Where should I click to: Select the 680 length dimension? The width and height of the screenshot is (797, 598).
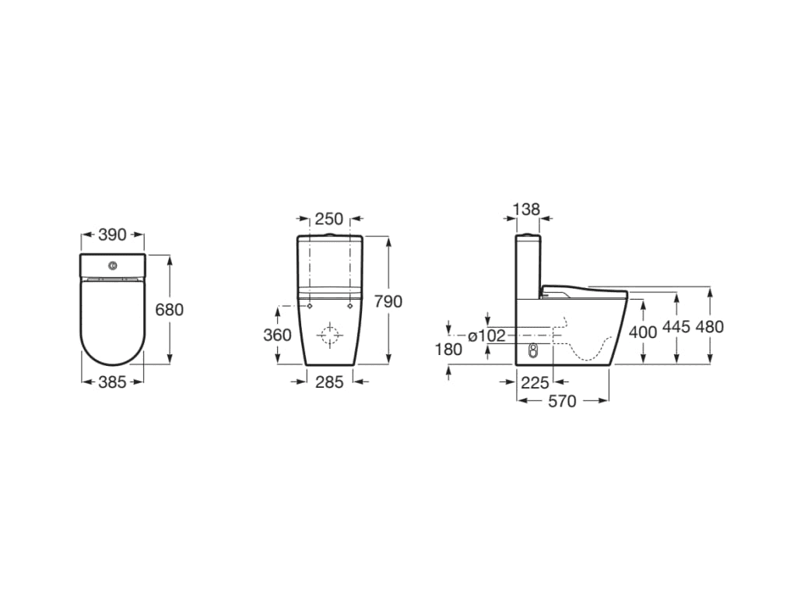(170, 310)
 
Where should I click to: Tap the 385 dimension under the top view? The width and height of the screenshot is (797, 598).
(113, 382)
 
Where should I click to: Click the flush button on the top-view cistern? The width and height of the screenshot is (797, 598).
(113, 265)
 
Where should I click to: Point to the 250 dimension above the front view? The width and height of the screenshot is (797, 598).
(329, 220)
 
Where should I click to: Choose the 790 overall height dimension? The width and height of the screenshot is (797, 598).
(388, 301)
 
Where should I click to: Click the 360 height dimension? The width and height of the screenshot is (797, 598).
(278, 335)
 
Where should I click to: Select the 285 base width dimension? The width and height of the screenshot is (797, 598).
(329, 382)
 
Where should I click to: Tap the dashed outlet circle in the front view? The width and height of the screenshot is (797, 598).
(330, 336)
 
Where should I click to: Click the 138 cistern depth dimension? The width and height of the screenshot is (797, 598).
(527, 209)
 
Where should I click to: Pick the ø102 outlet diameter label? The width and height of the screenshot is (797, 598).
(486, 336)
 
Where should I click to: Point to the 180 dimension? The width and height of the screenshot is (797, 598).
(448, 350)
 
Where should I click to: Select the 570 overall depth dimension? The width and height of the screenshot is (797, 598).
(563, 401)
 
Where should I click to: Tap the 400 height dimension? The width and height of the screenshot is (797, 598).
(643, 330)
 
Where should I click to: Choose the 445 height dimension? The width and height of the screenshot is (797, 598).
(676, 327)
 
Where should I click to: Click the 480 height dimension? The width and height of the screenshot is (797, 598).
(709, 327)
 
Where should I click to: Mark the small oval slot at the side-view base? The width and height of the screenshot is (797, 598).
(533, 350)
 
